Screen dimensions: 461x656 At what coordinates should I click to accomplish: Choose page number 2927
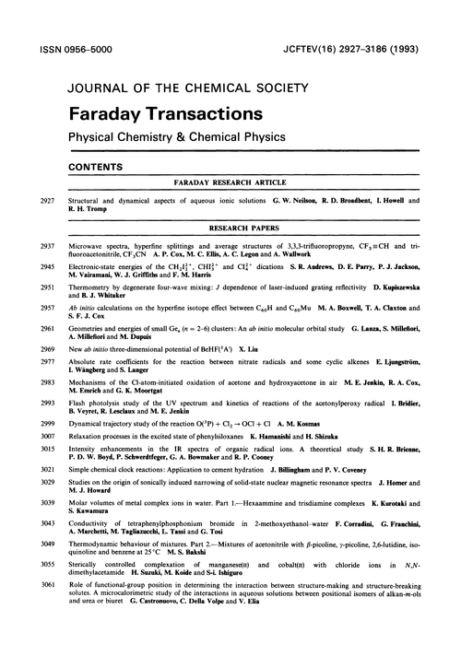pos(43,200)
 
